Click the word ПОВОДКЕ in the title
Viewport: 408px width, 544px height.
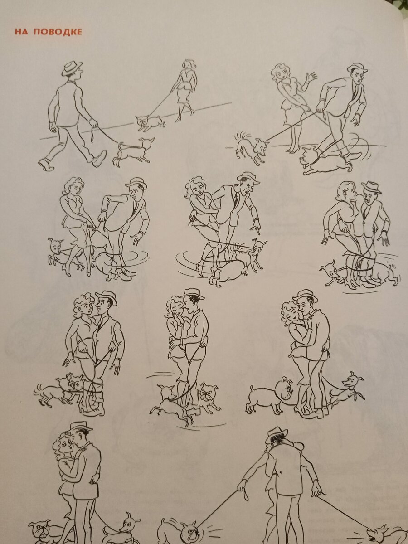[58, 32]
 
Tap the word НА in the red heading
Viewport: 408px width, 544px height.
[21, 32]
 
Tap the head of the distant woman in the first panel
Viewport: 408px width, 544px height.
[189, 65]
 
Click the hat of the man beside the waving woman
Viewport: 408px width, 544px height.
[358, 68]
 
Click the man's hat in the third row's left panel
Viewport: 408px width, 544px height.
[107, 298]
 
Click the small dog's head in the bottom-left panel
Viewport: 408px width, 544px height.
[129, 524]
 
